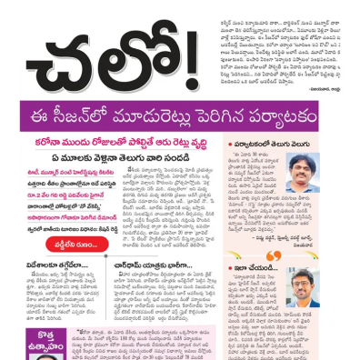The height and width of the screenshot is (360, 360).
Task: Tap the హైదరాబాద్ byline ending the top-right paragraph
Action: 328,79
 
